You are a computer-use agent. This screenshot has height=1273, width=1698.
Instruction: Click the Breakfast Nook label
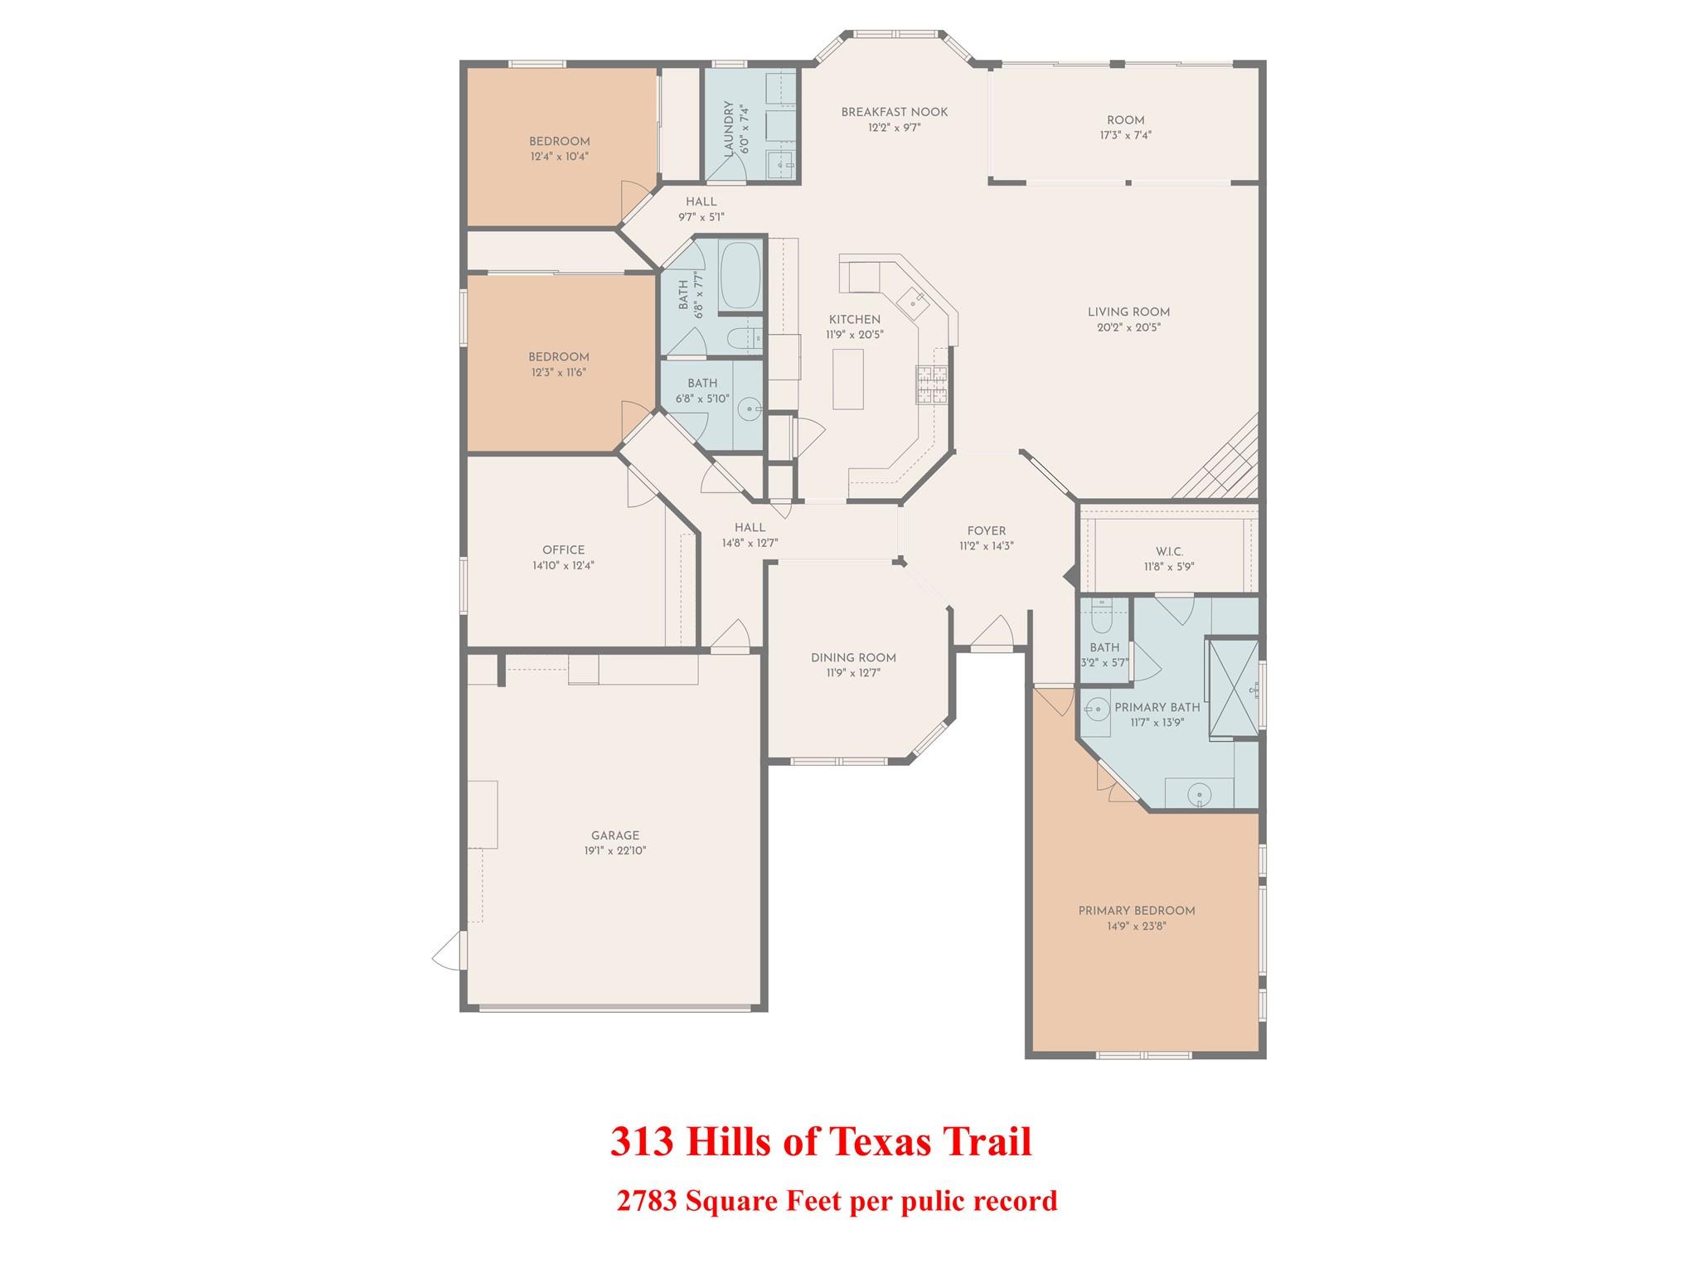(x=894, y=113)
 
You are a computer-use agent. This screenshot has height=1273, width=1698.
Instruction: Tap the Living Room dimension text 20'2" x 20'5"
(x=1128, y=327)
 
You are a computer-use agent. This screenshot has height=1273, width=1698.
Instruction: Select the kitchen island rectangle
(x=847, y=379)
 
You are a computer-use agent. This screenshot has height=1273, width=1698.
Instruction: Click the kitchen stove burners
(x=931, y=385)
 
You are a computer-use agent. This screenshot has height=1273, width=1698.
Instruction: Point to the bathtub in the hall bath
(x=740, y=275)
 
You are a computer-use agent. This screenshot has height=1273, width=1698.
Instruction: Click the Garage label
(x=615, y=835)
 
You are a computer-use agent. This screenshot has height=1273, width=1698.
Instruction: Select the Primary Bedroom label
(x=1136, y=911)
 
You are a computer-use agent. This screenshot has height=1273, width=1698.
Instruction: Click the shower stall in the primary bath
(x=1233, y=688)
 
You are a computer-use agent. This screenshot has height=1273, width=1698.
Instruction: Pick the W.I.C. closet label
(x=1169, y=552)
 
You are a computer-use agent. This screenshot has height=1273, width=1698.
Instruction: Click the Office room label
(x=563, y=550)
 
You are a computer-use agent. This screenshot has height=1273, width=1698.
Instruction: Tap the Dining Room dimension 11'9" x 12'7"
(x=853, y=673)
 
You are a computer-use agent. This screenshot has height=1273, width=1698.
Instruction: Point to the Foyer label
(x=986, y=531)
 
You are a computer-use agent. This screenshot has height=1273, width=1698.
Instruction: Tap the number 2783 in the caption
(x=647, y=1201)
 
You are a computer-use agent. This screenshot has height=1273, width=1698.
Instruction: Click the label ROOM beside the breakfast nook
(x=1125, y=120)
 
